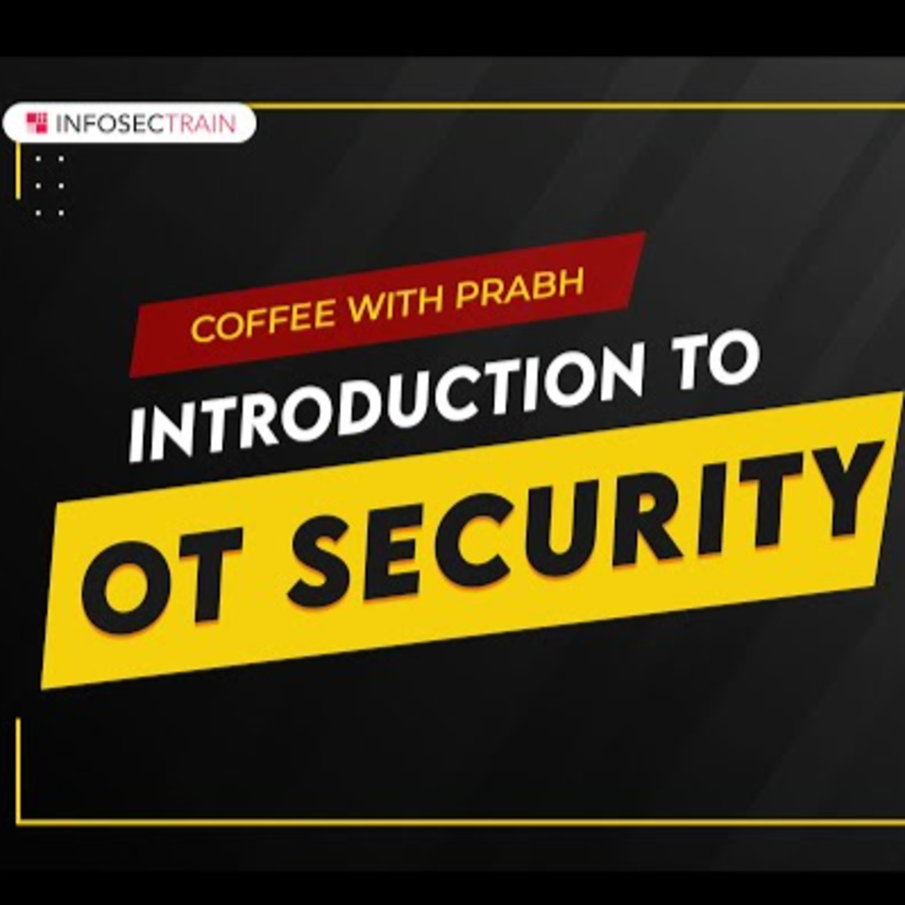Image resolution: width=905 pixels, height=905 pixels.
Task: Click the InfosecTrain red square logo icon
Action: click(x=37, y=123)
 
